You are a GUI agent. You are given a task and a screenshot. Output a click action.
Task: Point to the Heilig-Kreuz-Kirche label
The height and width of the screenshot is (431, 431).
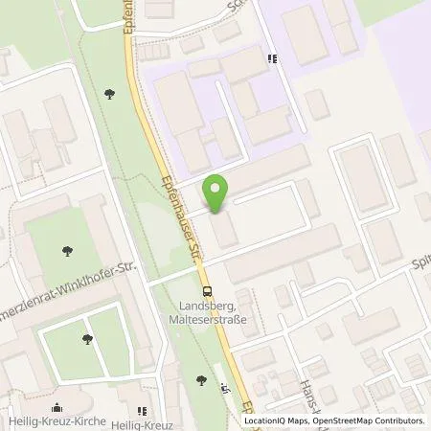pyautogui.click(x=50, y=420)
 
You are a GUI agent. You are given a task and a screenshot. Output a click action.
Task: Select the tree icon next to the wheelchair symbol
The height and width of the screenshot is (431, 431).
pyautogui.click(x=201, y=381)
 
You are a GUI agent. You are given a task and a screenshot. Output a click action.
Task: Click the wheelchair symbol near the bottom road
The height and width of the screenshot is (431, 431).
pyautogui.click(x=224, y=387)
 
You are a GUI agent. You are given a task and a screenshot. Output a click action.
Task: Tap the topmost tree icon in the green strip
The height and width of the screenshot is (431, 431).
pyautogui.click(x=110, y=93)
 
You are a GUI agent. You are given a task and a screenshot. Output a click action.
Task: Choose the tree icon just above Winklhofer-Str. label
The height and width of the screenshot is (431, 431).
pyautogui.click(x=67, y=251)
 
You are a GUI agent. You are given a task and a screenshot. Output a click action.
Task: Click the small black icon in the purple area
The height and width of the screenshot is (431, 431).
pyautogui.click(x=273, y=58)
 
